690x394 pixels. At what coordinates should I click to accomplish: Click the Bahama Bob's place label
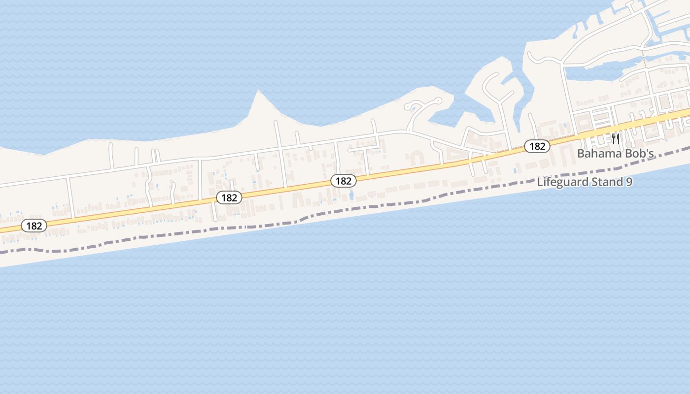(615, 153)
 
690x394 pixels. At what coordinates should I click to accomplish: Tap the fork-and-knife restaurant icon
(615, 138)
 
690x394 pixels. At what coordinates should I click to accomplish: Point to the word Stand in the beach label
(606, 182)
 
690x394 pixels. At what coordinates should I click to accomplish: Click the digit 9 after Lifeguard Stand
(629, 182)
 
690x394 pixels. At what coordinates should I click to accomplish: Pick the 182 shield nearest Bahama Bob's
(537, 146)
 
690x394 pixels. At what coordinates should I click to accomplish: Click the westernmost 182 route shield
(34, 226)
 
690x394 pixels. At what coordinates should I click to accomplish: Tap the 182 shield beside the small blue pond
(343, 181)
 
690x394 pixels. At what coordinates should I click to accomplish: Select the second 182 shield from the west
(229, 198)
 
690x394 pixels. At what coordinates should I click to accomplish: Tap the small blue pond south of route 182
(351, 195)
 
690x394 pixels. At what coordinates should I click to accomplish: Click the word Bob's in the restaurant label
(640, 153)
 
